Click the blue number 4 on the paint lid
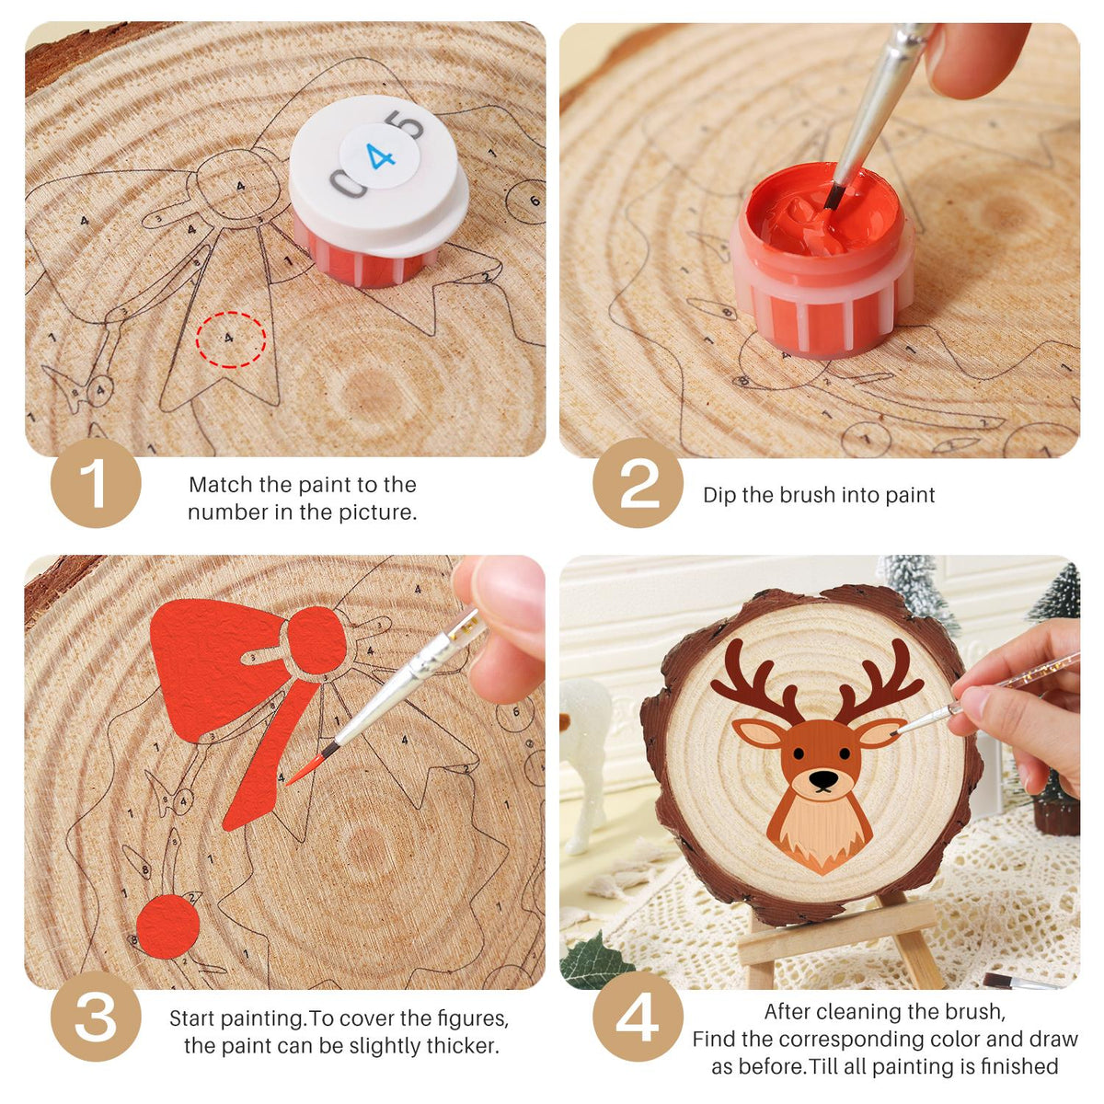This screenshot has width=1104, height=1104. (380, 155)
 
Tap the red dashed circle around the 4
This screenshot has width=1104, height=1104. (231, 313)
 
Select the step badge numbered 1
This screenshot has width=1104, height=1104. (96, 482)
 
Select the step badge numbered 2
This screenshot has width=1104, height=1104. (638, 482)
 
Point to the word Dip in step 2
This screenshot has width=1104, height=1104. (719, 495)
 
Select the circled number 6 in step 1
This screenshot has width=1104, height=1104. (528, 201)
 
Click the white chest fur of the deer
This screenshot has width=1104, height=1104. (821, 825)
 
